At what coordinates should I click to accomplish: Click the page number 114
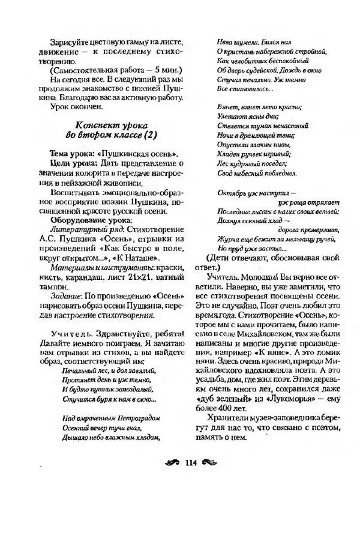(x=192, y=462)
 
